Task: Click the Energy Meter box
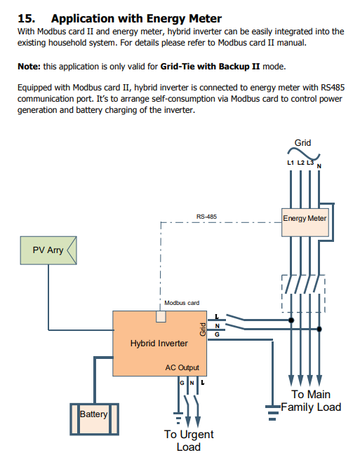pos(305,222)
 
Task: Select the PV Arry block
pos(48,250)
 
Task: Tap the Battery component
pos(94,419)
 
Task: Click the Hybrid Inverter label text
pos(159,344)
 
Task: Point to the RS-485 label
pos(206,217)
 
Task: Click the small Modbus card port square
pos(161,317)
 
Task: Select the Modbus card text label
pos(182,303)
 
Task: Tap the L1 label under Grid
pos(291,163)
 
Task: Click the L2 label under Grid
pos(300,163)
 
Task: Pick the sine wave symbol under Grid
pos(304,154)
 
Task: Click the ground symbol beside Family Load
pos(272,413)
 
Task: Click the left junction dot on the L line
pos(291,320)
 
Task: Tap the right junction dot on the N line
pos(319,329)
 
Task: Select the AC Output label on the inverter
pos(182,367)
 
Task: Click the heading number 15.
pos(27,18)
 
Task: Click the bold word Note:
pos(29,67)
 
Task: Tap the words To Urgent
pos(189,435)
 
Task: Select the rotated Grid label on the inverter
pos(203,330)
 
